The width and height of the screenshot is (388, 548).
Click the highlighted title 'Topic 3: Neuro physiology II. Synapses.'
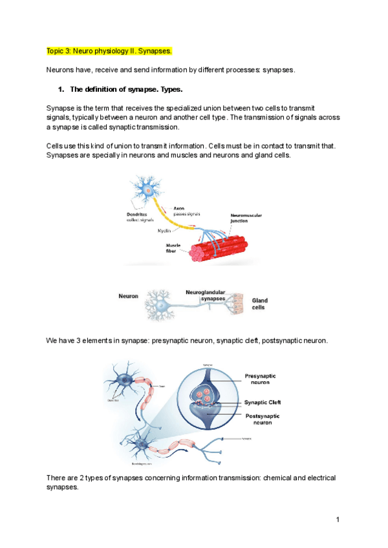coord(109,50)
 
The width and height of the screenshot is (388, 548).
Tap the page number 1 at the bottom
coord(338,520)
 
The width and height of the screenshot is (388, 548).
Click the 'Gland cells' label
coord(259,304)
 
